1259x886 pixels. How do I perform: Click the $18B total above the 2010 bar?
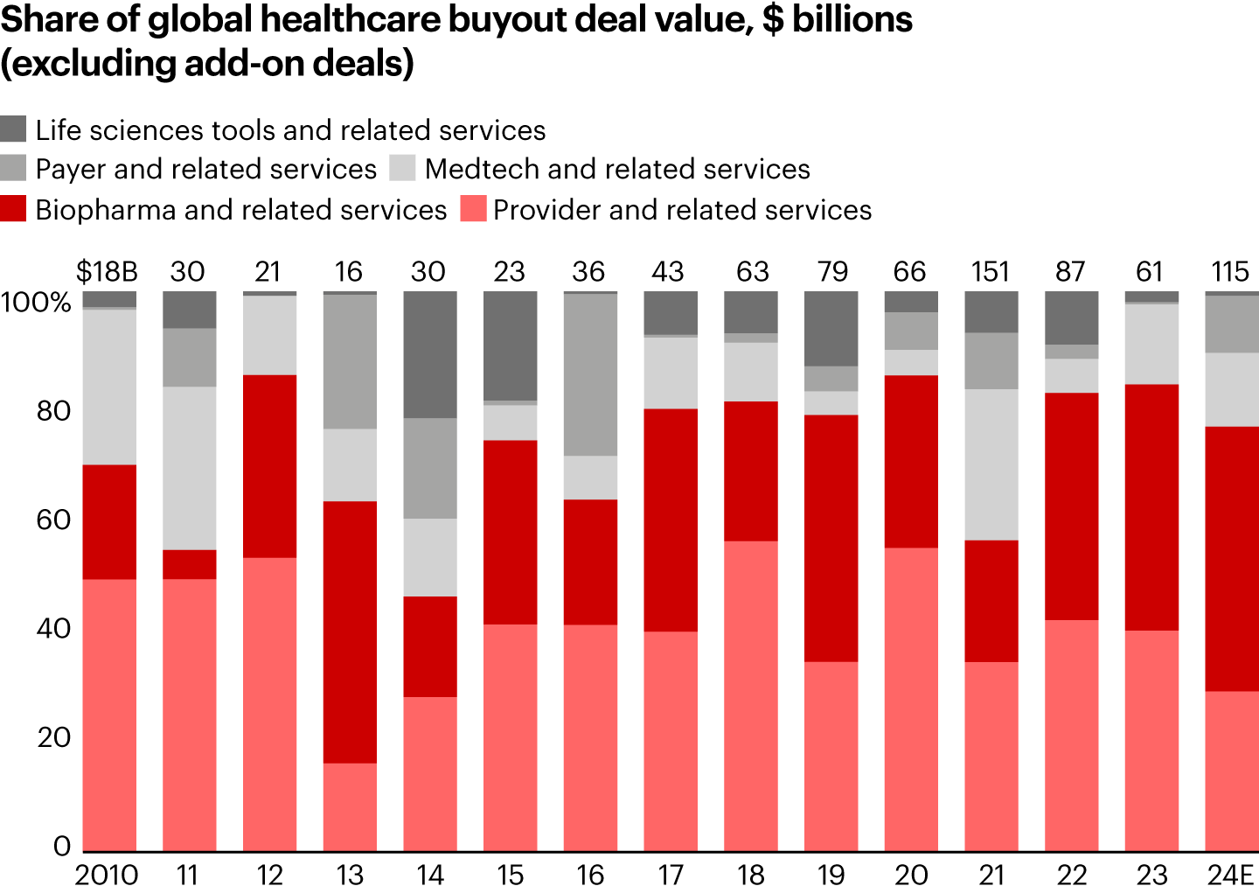pos(107,272)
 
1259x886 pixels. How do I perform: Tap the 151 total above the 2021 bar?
pos(991,272)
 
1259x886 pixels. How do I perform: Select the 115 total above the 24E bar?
pos(1230,272)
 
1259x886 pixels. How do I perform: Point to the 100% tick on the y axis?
pos(36,303)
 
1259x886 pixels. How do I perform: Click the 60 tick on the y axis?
pos(53,520)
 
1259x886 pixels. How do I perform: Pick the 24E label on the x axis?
pos(1230,875)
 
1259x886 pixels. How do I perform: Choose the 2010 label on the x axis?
pos(107,875)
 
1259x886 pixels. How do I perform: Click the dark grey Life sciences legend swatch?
pos(13,129)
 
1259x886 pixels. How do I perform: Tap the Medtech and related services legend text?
pos(617,169)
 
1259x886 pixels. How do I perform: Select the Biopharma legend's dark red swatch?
pos(13,209)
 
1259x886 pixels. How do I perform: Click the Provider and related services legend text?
pos(682,210)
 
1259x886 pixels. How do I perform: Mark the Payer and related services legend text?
pos(206,169)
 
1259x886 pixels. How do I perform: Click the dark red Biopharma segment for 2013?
pos(350,631)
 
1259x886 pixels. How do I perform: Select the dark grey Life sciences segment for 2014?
pos(430,354)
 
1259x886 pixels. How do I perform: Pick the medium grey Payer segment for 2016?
pos(590,374)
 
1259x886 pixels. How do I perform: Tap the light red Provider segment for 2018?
pos(751,695)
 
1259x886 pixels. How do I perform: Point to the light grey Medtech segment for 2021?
pos(991,464)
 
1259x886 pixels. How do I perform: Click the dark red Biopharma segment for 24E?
pos(1232,558)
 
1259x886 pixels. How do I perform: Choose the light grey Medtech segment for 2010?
pos(109,387)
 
